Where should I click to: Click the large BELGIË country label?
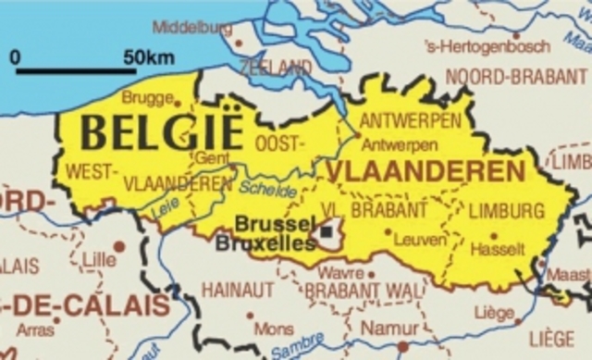pyautogui.click(x=161, y=131)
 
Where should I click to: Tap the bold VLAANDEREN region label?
pyautogui.click(x=425, y=170)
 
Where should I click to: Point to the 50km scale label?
pyautogui.click(x=148, y=57)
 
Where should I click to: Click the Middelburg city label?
pyautogui.click(x=192, y=27)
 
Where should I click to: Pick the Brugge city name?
pyautogui.click(x=147, y=97)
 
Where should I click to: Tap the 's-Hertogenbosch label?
pyautogui.click(x=487, y=46)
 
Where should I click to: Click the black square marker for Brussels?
pyautogui.click(x=327, y=231)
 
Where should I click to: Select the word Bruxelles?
pyautogui.click(x=265, y=243)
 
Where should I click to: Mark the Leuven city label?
pyautogui.click(x=420, y=240)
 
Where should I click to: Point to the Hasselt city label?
pyautogui.click(x=498, y=249)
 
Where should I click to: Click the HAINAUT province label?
pyautogui.click(x=238, y=290)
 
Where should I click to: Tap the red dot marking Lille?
pyautogui.click(x=119, y=247)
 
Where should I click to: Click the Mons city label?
pyautogui.click(x=273, y=329)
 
